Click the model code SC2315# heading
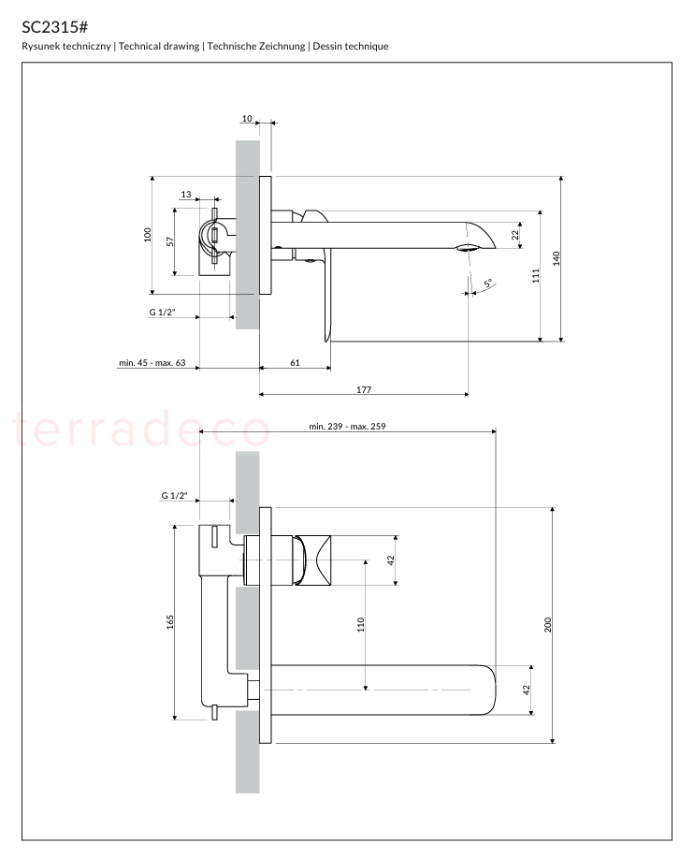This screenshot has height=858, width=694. tap(54, 27)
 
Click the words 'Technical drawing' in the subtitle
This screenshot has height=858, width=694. tap(159, 47)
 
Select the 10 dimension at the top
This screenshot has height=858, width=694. tap(247, 118)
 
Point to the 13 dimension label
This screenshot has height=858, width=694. tap(186, 195)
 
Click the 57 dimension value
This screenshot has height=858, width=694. tap(170, 241)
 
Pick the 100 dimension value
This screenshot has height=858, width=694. tap(147, 235)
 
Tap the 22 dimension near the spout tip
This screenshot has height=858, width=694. tap(514, 235)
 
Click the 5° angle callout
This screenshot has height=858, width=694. tap(488, 283)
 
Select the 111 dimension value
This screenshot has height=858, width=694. tap(536, 275)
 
